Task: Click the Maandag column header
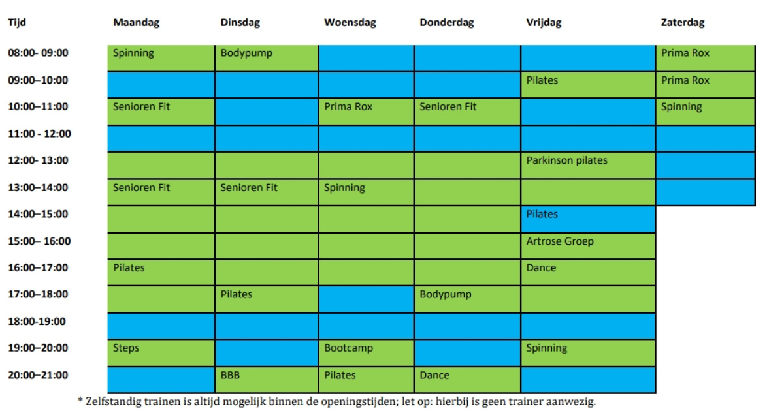(136, 23)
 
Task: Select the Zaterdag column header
(683, 23)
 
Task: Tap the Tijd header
(17, 23)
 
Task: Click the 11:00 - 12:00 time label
(39, 134)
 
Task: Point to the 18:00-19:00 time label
(37, 321)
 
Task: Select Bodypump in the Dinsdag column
(267, 58)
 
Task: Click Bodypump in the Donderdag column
(467, 299)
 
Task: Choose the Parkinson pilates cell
(588, 165)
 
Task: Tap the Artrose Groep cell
(588, 246)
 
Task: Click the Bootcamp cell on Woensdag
(366, 353)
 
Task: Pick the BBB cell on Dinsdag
(267, 380)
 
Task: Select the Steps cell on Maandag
(161, 353)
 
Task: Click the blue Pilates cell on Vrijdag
(588, 219)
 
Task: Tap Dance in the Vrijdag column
(588, 273)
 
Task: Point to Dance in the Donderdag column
(467, 380)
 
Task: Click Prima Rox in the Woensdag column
(366, 112)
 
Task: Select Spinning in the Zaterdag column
(705, 112)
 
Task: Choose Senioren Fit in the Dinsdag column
(267, 192)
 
